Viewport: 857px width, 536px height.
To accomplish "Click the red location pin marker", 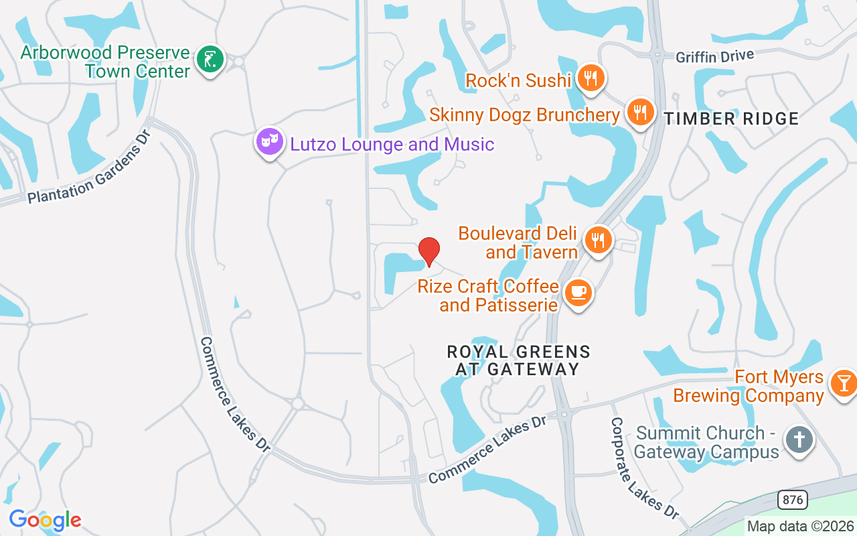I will (429, 251).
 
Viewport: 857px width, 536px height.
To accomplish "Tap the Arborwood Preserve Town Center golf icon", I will (210, 60).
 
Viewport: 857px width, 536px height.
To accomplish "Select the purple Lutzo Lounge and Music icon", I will (269, 141).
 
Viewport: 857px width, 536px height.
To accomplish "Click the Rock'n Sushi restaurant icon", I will (590, 78).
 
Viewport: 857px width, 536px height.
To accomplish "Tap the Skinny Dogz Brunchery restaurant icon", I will (641, 112).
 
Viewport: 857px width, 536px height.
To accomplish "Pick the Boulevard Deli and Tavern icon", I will (598, 240).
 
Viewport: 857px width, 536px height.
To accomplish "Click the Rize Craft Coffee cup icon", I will (578, 293).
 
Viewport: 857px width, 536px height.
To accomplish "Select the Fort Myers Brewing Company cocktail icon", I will (842, 383).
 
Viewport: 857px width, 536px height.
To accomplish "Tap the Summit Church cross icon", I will (799, 441).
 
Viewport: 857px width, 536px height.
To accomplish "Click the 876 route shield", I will (792, 500).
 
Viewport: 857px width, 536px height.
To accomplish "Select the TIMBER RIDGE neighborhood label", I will (732, 119).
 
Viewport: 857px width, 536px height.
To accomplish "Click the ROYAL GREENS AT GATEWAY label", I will (518, 360).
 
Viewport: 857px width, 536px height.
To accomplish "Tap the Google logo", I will (45, 520).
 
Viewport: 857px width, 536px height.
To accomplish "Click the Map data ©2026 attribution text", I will (800, 527).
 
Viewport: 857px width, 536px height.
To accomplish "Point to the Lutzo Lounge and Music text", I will (392, 144).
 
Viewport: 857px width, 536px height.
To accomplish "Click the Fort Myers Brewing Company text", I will (749, 386).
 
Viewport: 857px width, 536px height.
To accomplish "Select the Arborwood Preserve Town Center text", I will (106, 62).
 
